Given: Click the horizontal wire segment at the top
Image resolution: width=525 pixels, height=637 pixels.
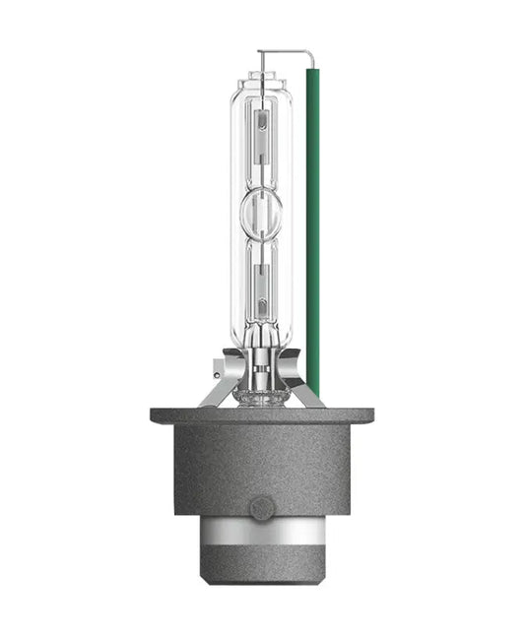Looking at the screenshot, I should (x=286, y=51).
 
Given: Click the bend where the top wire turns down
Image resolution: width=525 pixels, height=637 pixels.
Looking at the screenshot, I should (x=312, y=52).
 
